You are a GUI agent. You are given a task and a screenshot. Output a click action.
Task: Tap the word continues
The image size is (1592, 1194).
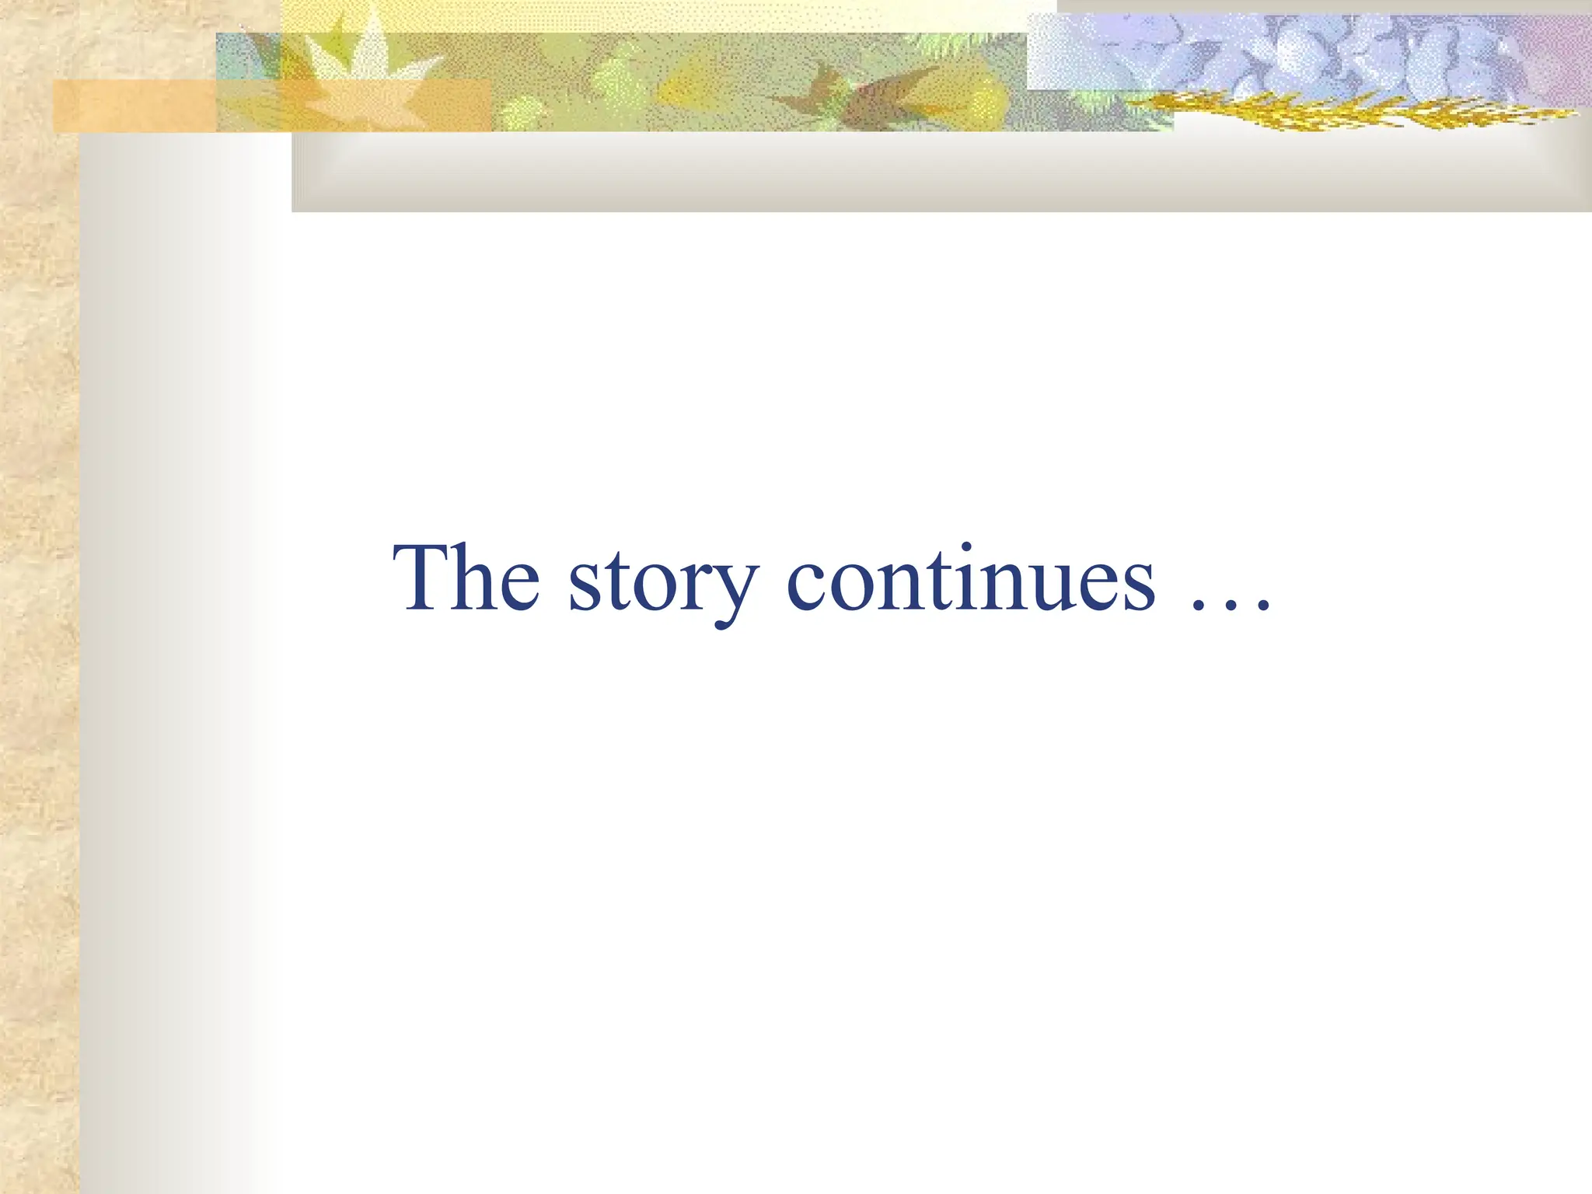(971, 579)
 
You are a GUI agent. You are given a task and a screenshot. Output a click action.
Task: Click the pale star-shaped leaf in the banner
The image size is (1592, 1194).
(365, 66)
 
